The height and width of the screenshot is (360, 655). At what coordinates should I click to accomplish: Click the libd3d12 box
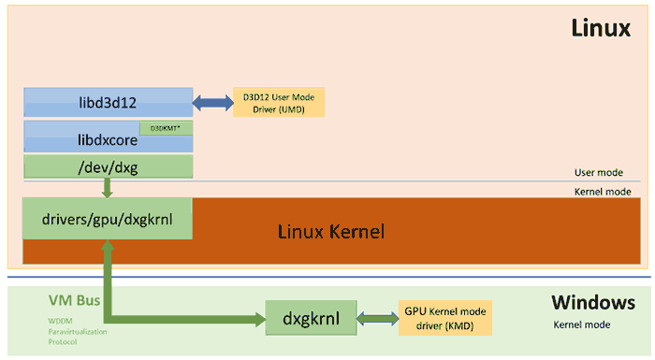(108, 101)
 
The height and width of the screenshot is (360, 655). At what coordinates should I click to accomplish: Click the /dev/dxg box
(108, 167)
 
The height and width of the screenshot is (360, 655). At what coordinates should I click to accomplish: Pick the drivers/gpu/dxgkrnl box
(108, 219)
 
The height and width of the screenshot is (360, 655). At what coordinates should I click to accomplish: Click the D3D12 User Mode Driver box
(279, 101)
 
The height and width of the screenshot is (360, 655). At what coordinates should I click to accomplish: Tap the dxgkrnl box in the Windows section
(307, 319)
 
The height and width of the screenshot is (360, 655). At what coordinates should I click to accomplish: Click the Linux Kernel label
(331, 230)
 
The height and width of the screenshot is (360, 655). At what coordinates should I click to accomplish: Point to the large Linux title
(601, 29)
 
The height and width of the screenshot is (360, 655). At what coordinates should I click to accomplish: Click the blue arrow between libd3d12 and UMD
(212, 101)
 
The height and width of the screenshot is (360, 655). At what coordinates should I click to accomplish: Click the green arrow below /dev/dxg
(108, 188)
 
